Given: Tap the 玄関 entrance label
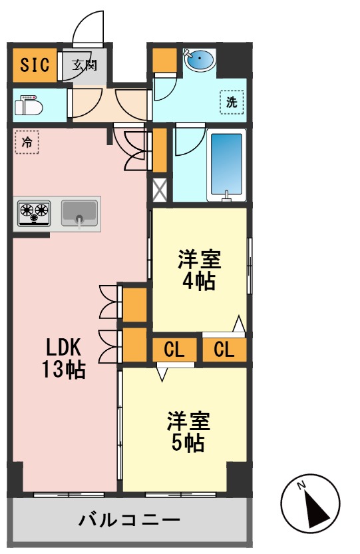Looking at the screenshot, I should pyautogui.click(x=85, y=65).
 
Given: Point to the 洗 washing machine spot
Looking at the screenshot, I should pyautogui.click(x=232, y=103).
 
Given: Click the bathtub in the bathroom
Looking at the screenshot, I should pyautogui.click(x=226, y=164).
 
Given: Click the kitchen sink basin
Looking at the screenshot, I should pyautogui.click(x=80, y=213).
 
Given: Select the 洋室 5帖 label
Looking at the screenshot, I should pyautogui.click(x=188, y=431).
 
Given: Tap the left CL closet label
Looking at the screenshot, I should pyautogui.click(x=174, y=349).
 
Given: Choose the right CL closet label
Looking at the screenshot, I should pyautogui.click(x=224, y=349).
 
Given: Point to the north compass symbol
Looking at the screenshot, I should pyautogui.click(x=311, y=506).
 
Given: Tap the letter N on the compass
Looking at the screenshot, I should pyautogui.click(x=301, y=485).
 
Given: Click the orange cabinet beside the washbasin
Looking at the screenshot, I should pyautogui.click(x=162, y=61).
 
